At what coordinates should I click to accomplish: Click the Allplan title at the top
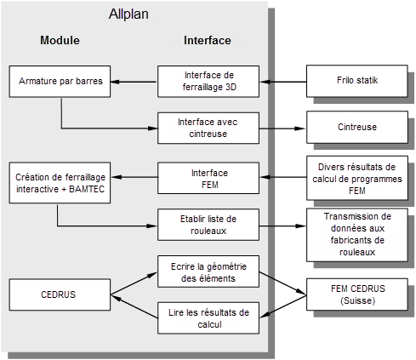[x=128, y=14]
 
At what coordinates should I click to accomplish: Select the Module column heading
[x=60, y=40]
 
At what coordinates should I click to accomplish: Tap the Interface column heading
[x=208, y=40]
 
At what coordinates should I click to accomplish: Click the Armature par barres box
[x=60, y=82]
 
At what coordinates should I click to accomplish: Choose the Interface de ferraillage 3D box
[x=208, y=82]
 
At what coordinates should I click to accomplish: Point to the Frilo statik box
[x=357, y=81]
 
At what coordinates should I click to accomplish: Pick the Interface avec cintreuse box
[x=208, y=128]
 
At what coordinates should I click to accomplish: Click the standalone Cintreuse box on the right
[x=357, y=128]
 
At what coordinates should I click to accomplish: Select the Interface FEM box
[x=208, y=178]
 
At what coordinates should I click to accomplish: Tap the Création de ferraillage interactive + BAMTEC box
[x=60, y=183]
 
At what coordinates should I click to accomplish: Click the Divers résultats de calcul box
[x=357, y=178]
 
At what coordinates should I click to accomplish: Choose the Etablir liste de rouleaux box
[x=208, y=225]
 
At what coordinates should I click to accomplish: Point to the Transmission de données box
[x=357, y=235]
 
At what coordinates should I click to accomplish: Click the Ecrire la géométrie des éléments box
[x=208, y=271]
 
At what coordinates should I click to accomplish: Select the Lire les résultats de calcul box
[x=208, y=318]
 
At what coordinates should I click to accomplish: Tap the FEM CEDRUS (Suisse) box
[x=357, y=294]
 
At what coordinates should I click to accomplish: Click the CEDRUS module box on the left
[x=60, y=294]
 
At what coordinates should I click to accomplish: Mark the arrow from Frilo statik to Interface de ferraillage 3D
[x=283, y=82]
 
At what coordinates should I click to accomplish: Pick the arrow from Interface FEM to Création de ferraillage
[x=134, y=177]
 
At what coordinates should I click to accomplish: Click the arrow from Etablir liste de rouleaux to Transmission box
[x=282, y=226]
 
